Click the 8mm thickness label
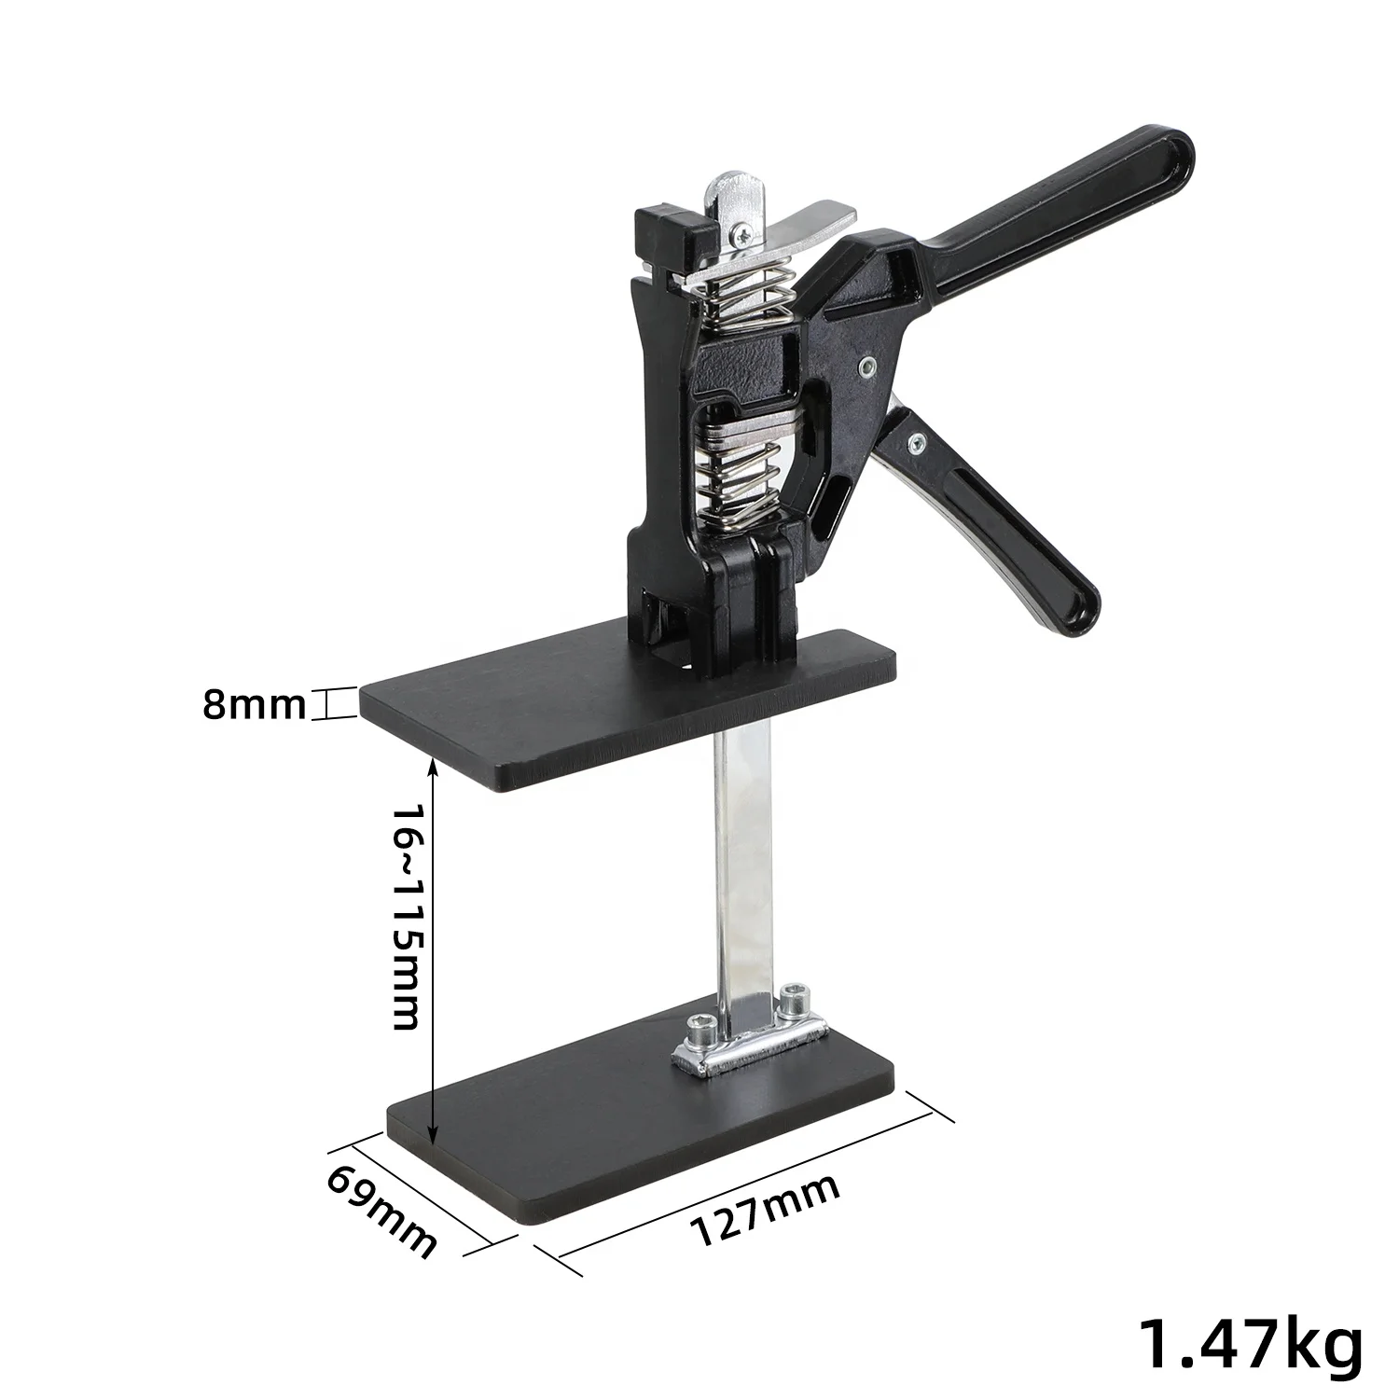[255, 705]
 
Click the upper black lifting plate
[627, 709]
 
